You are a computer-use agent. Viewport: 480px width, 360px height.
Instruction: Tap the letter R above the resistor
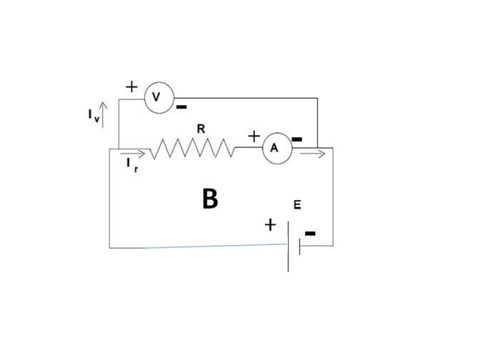click(201, 129)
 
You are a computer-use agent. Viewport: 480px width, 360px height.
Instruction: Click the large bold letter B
click(210, 199)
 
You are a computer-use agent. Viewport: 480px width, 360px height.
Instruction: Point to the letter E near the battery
click(297, 204)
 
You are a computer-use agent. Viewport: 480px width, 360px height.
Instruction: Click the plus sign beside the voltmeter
click(132, 87)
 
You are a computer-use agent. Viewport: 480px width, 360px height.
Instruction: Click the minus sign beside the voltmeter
click(181, 107)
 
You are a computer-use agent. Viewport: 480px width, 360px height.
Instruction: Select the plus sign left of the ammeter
click(254, 136)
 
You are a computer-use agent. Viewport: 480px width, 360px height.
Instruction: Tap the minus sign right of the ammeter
click(297, 139)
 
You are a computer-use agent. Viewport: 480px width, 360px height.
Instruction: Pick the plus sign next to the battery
click(270, 225)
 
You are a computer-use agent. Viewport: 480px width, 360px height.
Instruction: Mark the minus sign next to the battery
click(310, 234)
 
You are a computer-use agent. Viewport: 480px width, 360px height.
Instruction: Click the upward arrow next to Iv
click(103, 115)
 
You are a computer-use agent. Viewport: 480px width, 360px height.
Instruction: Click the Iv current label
click(94, 116)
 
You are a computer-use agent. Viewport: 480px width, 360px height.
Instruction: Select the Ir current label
click(132, 165)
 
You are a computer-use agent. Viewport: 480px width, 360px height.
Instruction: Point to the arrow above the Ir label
click(132, 154)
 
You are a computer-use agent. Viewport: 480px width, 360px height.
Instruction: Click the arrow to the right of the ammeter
click(313, 154)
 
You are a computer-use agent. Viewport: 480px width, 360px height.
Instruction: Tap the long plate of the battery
click(288, 246)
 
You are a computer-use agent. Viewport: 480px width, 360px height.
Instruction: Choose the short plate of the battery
click(300, 246)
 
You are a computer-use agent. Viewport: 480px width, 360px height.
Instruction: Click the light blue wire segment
click(215, 246)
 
